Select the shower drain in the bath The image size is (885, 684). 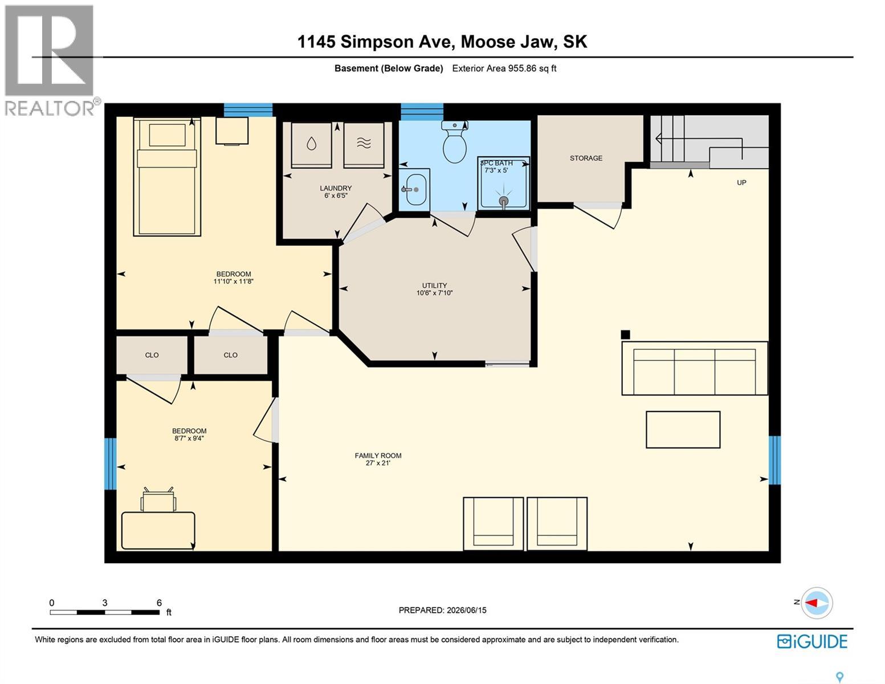click(504, 201)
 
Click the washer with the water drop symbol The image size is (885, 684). click(312, 145)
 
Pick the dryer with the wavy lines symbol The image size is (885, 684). click(364, 145)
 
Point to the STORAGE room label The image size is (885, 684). click(586, 158)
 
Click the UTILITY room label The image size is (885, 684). click(434, 286)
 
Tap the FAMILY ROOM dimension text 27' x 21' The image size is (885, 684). click(378, 463)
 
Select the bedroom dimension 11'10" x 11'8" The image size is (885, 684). click(234, 281)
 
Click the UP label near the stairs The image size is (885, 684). click(741, 182)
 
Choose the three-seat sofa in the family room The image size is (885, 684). click(695, 368)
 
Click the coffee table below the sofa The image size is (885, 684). click(683, 430)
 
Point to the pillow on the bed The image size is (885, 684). click(168, 135)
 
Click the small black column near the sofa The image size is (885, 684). click(625, 335)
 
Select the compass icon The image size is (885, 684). click(817, 603)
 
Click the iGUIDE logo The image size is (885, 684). click(812, 642)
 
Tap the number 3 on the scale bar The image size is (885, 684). click(105, 602)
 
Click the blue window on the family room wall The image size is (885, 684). click(774, 461)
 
